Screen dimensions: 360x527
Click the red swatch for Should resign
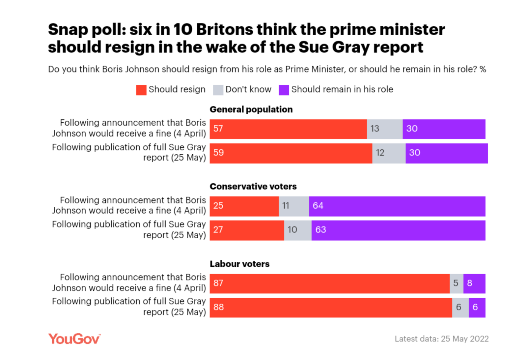click(141, 90)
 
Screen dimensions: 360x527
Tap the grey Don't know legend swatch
click(218, 90)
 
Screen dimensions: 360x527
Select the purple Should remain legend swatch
click(284, 90)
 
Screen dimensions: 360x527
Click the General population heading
click(251, 109)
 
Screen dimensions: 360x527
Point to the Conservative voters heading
click(253, 187)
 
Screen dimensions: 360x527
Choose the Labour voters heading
click(239, 264)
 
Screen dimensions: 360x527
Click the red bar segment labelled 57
click(288, 129)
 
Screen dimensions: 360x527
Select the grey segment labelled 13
click(384, 129)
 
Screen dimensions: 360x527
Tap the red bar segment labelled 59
click(291, 153)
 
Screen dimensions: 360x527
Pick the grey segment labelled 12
click(389, 153)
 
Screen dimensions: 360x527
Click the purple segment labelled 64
click(397, 206)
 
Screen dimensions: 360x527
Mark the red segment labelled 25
click(244, 206)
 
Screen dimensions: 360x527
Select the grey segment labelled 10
click(297, 230)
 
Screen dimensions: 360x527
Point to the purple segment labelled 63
click(398, 230)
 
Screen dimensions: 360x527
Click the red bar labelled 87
click(329, 284)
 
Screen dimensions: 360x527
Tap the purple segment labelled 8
click(474, 284)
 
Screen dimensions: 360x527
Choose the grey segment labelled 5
click(456, 284)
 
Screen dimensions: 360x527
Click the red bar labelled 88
click(331, 308)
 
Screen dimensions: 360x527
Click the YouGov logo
click(74, 339)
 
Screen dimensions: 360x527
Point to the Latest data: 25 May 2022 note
click(441, 339)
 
